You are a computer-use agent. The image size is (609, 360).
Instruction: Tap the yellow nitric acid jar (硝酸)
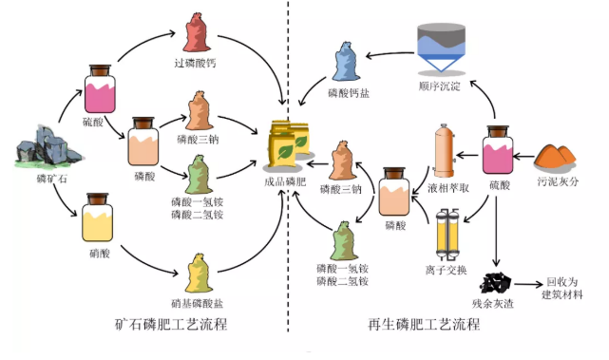point(100,219)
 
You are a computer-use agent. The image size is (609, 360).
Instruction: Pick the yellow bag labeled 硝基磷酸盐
point(199,275)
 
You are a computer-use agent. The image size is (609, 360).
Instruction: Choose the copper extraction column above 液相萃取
point(443,150)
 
